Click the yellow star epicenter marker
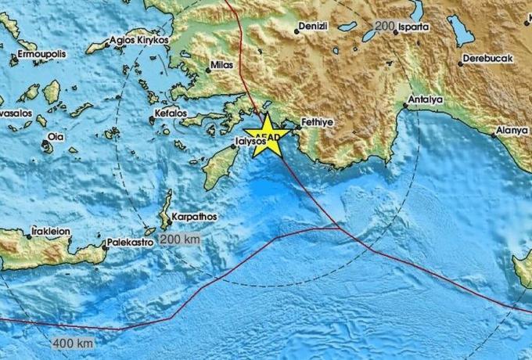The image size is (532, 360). click(x=266, y=134)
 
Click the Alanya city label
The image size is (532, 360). click(x=512, y=131)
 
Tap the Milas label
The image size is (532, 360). click(x=224, y=67)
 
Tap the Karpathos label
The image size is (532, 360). click(x=196, y=215)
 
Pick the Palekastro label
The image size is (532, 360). click(x=131, y=243)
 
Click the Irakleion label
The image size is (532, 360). click(x=51, y=232)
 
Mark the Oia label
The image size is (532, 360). click(x=55, y=136)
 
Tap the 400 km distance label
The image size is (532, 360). click(x=74, y=343)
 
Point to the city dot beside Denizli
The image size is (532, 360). click(x=297, y=31)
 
